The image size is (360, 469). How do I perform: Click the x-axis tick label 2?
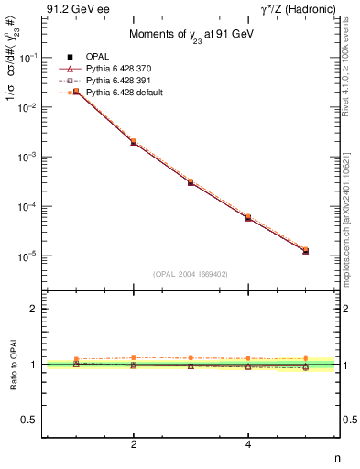click(x=134, y=444)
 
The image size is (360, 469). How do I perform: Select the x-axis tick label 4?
click(x=248, y=444)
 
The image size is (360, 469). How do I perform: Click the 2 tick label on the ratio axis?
click(x=37, y=310)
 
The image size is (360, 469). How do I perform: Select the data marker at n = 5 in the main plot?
click(x=306, y=250)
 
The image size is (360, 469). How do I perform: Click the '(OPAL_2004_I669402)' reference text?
click(x=191, y=273)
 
